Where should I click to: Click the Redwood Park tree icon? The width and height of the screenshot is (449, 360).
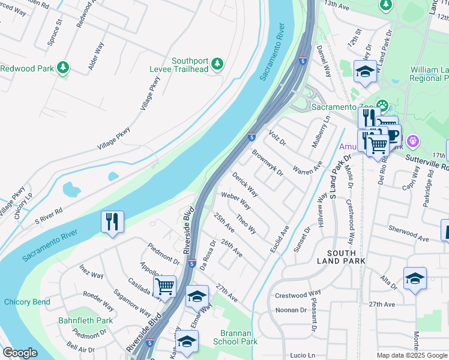(63, 68)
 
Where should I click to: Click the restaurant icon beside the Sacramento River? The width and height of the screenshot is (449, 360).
(112, 222)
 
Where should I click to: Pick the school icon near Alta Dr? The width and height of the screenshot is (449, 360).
(414, 278)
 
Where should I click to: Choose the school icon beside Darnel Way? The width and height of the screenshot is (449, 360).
(365, 72)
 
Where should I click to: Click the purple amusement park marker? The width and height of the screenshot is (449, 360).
(412, 142)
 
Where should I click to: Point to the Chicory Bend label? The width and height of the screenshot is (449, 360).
(27, 302)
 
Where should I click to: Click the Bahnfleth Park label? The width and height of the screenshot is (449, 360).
(86, 321)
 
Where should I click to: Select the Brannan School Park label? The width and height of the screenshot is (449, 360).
(235, 336)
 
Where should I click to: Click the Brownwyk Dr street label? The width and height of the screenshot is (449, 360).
(267, 163)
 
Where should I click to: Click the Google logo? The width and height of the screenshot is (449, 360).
(20, 353)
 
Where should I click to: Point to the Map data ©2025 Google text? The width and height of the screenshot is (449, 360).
(412, 355)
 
